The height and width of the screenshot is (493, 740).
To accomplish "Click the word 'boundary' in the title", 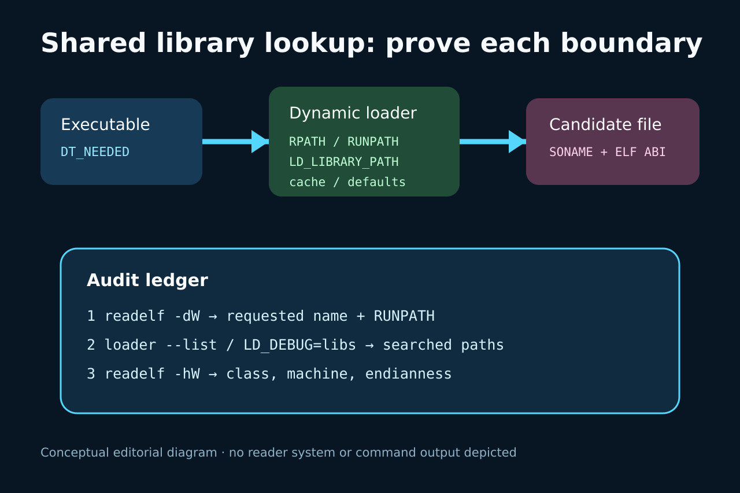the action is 631,43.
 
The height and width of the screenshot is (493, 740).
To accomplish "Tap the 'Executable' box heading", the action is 105,124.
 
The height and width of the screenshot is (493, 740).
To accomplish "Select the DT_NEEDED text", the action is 95,152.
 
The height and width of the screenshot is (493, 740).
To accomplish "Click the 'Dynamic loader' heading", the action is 353,113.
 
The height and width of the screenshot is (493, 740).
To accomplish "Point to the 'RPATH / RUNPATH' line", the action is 344,142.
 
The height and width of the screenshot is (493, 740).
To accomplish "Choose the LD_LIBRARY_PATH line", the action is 344,162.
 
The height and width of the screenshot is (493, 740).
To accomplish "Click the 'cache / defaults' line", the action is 347,182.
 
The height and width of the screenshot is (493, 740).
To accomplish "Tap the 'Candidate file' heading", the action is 605,124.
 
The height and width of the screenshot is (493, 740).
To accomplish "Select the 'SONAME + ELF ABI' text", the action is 607,152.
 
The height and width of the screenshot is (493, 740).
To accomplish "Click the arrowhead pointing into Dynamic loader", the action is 260,142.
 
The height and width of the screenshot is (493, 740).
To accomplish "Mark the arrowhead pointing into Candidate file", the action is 517,142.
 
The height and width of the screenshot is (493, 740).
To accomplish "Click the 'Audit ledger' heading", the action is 147,280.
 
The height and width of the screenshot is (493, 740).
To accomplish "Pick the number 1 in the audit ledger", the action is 91,316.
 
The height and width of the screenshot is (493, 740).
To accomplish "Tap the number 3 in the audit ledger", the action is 91,374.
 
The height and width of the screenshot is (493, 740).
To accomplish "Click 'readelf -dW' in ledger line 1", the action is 152,316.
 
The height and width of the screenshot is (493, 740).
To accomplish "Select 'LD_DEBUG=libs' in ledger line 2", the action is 299,345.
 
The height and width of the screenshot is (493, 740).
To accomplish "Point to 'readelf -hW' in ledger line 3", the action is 152,374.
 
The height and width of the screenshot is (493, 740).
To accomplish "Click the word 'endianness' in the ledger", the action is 408,374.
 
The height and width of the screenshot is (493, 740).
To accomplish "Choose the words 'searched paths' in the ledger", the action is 443,345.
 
